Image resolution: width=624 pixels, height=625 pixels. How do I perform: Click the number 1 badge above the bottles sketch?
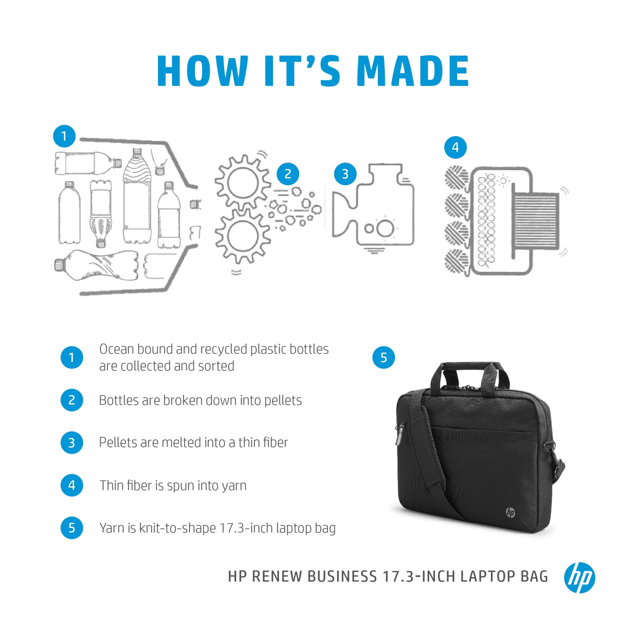[64, 136]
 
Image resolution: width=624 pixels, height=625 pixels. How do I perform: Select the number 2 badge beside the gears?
[288, 174]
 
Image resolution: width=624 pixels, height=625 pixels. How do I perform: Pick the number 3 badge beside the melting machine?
[345, 174]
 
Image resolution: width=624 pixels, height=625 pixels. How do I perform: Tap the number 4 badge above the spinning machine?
[455, 148]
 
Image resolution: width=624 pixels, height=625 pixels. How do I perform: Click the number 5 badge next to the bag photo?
[383, 358]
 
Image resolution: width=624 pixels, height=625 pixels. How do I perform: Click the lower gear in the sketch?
[242, 236]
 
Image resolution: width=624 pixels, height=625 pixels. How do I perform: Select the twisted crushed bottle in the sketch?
[98, 265]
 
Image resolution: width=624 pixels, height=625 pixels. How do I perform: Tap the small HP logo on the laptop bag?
[510, 512]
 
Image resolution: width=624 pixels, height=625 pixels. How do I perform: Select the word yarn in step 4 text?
[234, 486]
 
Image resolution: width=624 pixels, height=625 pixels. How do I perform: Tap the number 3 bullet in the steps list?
[71, 443]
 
